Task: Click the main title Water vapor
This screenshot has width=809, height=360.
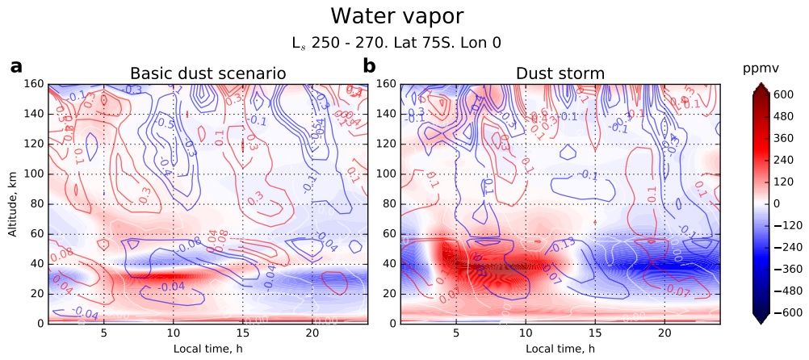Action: [397, 16]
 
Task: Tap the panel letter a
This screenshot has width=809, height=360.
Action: [16, 67]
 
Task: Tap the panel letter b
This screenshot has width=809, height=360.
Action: [369, 67]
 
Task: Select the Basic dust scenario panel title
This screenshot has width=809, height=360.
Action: [208, 74]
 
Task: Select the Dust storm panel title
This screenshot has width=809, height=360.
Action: [560, 74]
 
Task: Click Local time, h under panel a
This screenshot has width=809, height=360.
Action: [208, 348]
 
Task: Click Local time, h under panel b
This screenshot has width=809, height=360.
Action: [560, 348]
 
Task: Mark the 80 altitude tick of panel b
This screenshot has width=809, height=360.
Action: [391, 204]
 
